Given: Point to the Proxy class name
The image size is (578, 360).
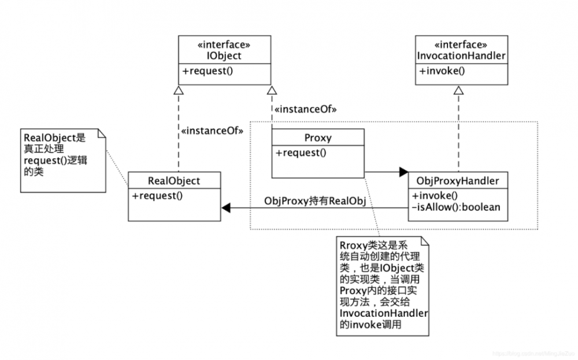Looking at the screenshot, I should click(x=317, y=138).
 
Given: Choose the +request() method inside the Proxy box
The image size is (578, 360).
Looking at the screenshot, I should click(x=301, y=153).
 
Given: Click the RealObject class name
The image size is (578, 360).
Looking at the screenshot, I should click(x=173, y=181).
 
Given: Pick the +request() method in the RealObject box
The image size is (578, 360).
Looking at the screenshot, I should click(x=158, y=195).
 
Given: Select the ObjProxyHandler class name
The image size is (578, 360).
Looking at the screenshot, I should click(x=458, y=181).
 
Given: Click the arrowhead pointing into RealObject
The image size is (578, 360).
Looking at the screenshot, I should click(x=225, y=206).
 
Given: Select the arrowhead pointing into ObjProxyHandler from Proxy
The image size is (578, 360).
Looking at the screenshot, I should click(x=403, y=172).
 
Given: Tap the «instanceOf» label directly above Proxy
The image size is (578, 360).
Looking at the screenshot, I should click(x=306, y=109).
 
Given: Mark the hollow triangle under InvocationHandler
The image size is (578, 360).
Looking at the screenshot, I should click(x=458, y=90).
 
